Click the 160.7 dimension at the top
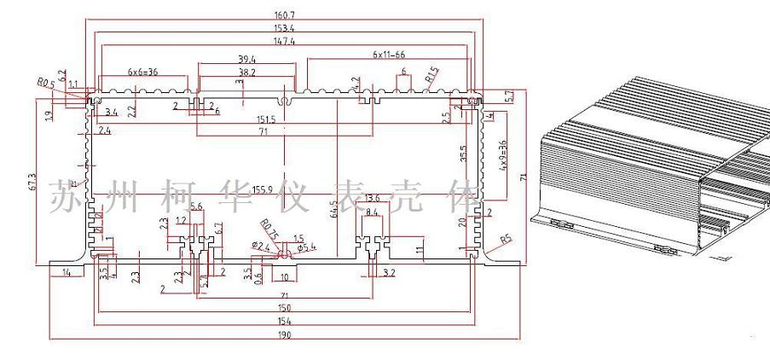tap(284, 15)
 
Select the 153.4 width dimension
tap(284, 28)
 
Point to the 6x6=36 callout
tap(143, 72)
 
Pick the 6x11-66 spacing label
tap(388, 54)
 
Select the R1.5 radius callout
tap(431, 75)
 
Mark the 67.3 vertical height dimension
tap(32, 181)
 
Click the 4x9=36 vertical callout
tap(502, 157)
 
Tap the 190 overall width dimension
tap(284, 335)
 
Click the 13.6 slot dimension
tap(373, 199)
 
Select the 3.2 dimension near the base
tap(389, 273)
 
